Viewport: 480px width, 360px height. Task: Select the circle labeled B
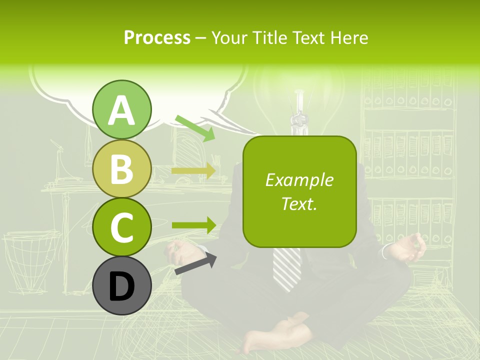[122, 168]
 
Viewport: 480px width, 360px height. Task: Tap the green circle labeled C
[122, 227]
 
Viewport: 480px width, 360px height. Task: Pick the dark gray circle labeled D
[122, 285]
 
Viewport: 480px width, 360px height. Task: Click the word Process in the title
[157, 38]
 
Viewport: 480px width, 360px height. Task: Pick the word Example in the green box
[299, 180]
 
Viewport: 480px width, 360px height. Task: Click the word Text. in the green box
[299, 203]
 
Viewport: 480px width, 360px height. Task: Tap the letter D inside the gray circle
[122, 286]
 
